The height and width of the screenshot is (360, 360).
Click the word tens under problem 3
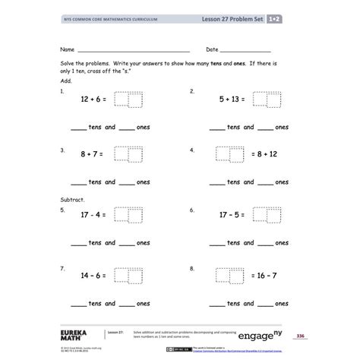click(95, 182)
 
